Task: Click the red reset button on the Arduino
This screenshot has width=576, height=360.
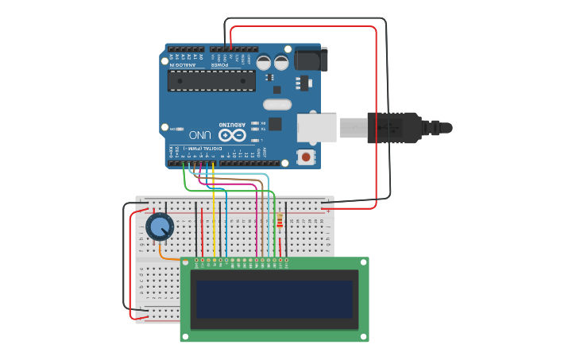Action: (x=306, y=157)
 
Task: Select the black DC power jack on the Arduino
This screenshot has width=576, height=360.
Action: (x=309, y=59)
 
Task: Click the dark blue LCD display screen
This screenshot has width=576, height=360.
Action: (x=274, y=299)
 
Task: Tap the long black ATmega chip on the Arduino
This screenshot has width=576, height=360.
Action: (x=212, y=80)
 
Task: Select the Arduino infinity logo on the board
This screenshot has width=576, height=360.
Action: (x=233, y=135)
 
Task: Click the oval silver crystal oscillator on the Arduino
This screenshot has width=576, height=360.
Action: (x=277, y=104)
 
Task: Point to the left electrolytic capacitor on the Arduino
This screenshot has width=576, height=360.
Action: (x=264, y=61)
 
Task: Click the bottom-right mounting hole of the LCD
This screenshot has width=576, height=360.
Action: (x=364, y=337)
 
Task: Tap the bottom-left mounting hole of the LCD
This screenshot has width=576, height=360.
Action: (x=186, y=337)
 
